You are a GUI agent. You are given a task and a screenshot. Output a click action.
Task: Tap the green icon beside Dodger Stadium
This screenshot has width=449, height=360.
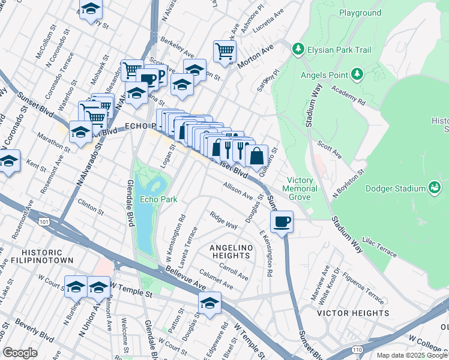coord(433,189)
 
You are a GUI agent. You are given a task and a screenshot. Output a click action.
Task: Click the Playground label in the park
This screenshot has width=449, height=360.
coord(360,13)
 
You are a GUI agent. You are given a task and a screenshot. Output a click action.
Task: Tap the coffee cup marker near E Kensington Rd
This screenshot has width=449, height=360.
coord(282,223)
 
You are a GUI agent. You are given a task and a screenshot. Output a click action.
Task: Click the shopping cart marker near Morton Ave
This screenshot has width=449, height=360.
coord(224,52)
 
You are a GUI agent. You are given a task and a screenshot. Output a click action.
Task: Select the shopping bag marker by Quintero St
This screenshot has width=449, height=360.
coord(256,156)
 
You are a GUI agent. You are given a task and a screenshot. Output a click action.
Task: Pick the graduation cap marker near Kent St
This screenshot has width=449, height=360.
coord(8,162)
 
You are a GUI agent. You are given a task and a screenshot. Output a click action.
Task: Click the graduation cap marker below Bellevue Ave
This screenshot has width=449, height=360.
coord(209,304)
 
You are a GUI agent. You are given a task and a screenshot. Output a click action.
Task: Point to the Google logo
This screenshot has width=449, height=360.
coord(20,353)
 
